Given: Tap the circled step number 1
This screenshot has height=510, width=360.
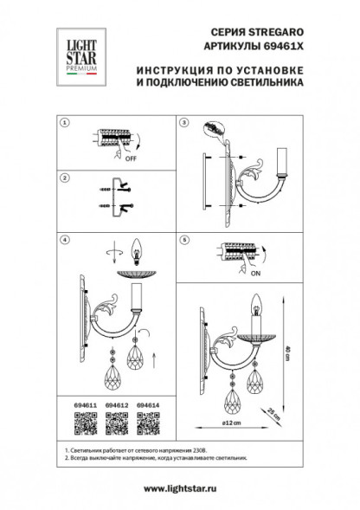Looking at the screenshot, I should pos(63,124).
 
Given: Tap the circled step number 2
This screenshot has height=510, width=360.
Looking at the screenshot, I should pos(63,177).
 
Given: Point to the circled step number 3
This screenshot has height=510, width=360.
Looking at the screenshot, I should pos(183,124).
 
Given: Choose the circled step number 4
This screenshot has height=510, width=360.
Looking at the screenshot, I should pos(63,236).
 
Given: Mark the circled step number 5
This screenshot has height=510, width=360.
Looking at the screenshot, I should pos(183,236).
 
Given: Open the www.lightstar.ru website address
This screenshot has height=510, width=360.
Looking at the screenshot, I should pos(179,490).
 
